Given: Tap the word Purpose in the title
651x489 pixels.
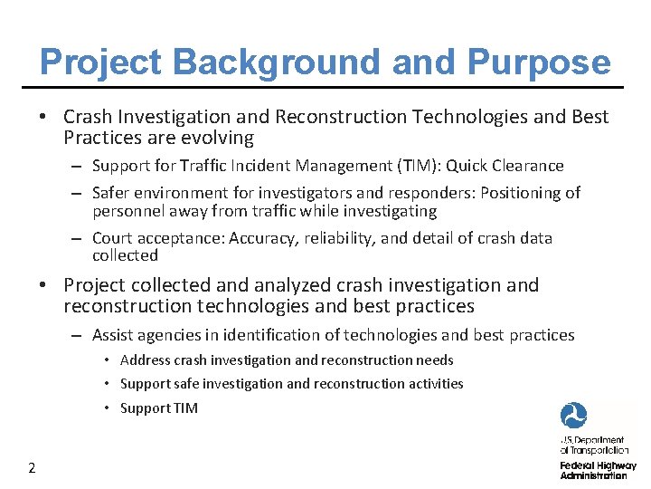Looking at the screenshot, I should [x=538, y=62].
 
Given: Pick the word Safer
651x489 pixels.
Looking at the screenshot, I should [x=113, y=193].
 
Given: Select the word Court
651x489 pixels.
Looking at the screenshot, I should [x=113, y=238].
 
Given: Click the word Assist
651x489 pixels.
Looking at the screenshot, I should [x=113, y=335].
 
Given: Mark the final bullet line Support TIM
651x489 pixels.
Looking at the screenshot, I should [x=158, y=407].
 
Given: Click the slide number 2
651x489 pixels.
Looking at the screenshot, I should [x=32, y=468].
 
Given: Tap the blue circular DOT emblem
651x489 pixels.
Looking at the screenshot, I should [x=573, y=416].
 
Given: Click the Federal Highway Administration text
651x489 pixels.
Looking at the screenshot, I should [x=598, y=470].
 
